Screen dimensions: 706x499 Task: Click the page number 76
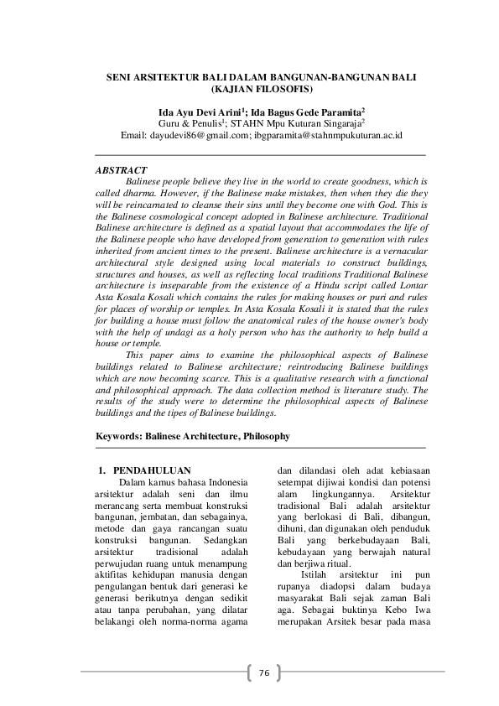coord(263,672)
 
